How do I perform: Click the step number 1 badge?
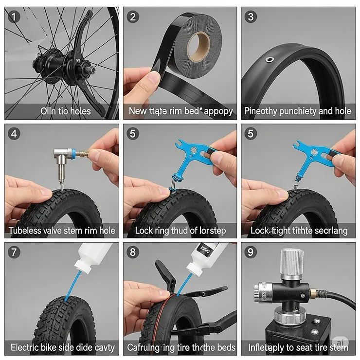coord(15,17)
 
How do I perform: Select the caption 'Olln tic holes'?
coord(66,111)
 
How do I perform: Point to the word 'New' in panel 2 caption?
coord(138,111)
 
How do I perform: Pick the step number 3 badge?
coord(251,17)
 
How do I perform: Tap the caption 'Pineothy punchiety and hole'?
coord(298,111)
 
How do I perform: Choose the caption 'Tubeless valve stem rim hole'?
coord(62,230)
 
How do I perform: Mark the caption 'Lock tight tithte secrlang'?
coord(299,230)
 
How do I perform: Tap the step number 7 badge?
coord(15,252)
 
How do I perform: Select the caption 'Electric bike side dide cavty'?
coord(62,347)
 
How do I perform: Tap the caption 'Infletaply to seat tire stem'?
coord(298,347)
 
